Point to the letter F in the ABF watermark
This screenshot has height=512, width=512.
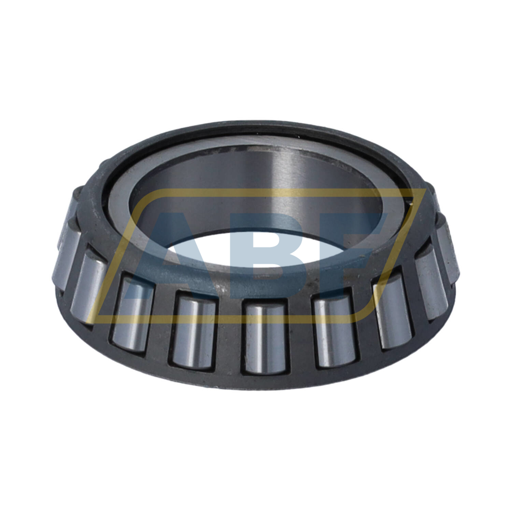click(352, 253)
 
